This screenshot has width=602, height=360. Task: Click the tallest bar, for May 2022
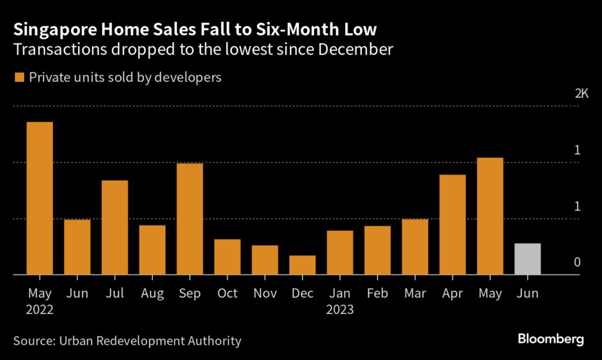point(39,198)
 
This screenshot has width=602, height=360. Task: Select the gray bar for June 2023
point(527,259)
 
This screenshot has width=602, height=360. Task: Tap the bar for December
point(302,265)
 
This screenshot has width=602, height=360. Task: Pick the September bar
point(190,218)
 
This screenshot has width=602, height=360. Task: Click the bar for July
point(115,227)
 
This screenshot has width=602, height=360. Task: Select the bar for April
point(452,224)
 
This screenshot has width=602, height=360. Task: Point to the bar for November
point(265,259)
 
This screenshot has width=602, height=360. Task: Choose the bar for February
point(377,250)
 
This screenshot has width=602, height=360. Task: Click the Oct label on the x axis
point(227,293)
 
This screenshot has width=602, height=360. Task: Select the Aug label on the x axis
point(152,293)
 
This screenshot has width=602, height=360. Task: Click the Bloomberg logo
point(550,339)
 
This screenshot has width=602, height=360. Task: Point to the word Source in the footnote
point(34,340)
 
